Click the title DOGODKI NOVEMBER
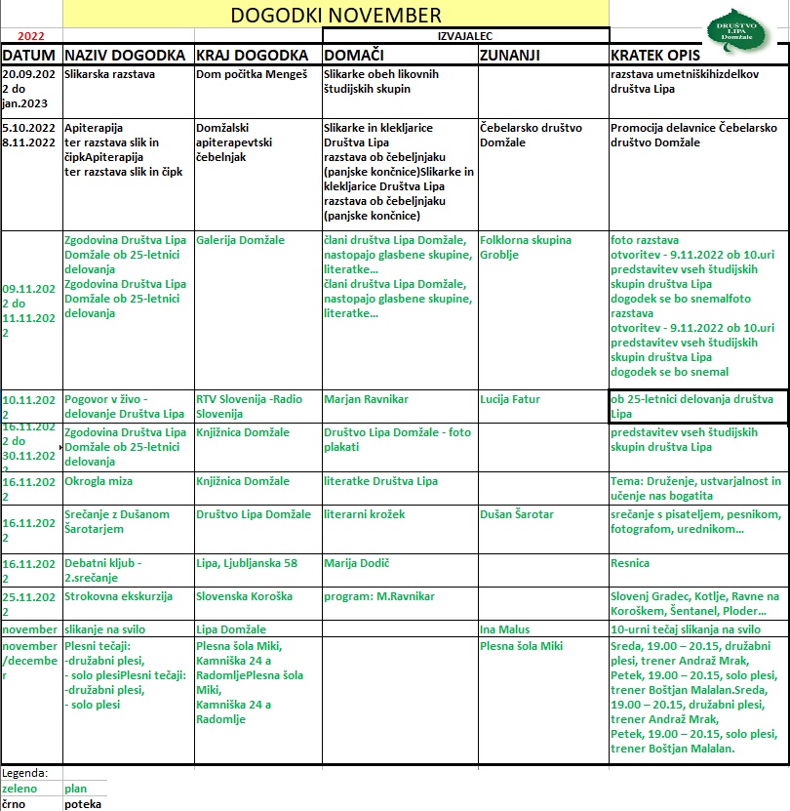pos(336,15)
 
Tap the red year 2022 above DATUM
pos(31,36)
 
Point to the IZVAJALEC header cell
pos(465,35)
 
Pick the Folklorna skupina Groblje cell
pos(526,247)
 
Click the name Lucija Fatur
pos(510,399)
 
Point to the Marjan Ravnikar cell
pos(366,399)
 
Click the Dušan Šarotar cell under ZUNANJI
pos(517,514)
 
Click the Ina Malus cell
pos(505,629)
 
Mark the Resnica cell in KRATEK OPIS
pos(631,563)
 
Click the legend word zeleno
pos(20,788)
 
